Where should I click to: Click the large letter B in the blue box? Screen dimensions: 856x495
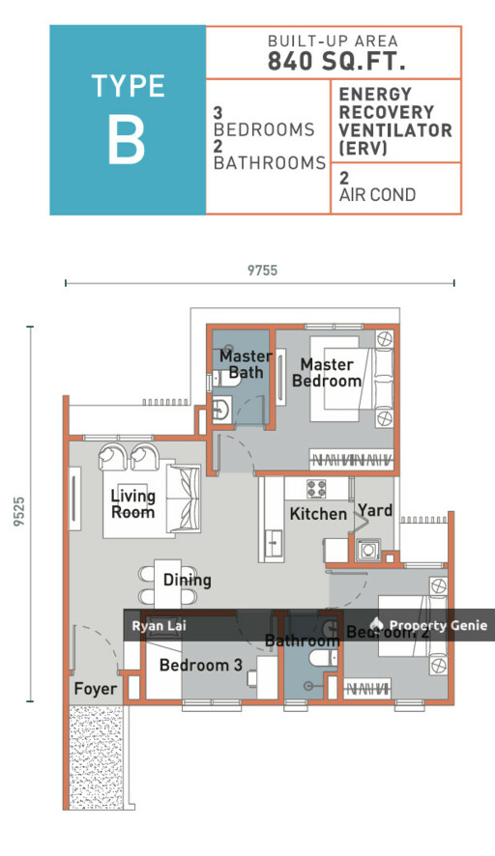click(127, 140)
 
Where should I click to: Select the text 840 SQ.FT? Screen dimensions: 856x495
click(333, 61)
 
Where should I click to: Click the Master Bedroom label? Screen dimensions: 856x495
click(326, 372)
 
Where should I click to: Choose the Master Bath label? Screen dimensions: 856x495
click(245, 364)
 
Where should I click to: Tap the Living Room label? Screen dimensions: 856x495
click(132, 503)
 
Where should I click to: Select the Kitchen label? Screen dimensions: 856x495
click(318, 514)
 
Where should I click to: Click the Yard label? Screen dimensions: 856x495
click(374, 509)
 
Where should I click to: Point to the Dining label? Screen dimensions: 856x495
click(187, 581)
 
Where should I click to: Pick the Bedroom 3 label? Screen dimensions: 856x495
click(201, 665)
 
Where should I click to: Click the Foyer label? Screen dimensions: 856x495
click(95, 689)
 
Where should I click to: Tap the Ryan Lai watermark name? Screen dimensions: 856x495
click(160, 626)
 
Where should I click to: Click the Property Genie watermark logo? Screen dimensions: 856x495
click(377, 625)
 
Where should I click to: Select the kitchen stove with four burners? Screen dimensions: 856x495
click(318, 488)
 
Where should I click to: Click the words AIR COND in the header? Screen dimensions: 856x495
click(377, 195)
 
